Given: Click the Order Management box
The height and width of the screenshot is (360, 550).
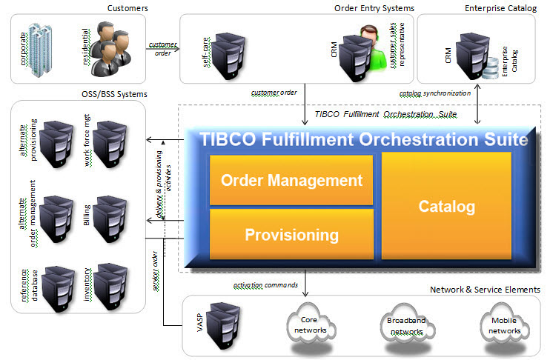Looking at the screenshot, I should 291,179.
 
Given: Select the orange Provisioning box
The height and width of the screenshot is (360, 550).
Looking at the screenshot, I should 291,235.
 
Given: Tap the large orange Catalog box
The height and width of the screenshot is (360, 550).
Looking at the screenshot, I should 445,206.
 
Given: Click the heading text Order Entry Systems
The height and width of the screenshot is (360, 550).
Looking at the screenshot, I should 373,8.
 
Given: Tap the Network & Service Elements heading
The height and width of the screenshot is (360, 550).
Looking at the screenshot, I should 485,290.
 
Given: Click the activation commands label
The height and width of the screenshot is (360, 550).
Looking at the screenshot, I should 265,284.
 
